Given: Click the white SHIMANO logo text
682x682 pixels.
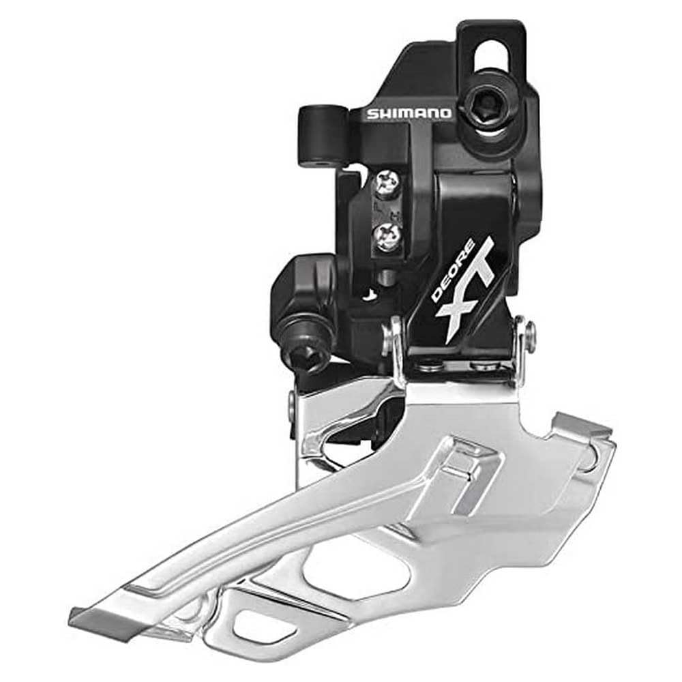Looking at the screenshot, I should click(409, 113).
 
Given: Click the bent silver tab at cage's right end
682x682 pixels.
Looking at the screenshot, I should click(583, 426).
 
